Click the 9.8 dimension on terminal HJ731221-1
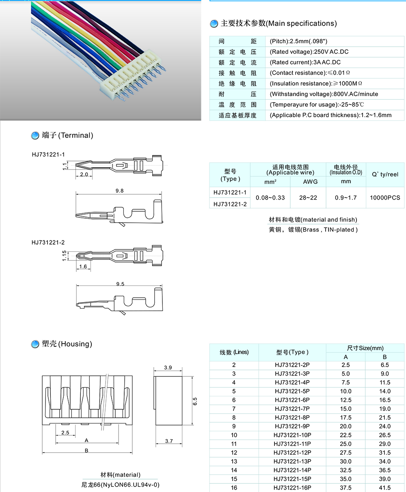(x=119, y=191)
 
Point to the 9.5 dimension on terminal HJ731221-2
(x=120, y=284)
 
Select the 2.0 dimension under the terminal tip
(x=84, y=174)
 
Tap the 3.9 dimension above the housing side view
(x=168, y=367)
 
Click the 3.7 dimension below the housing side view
(x=168, y=441)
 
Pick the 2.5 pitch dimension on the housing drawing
(x=65, y=432)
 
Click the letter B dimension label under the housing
(x=86, y=450)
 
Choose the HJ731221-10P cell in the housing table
(x=292, y=435)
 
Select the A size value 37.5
(x=346, y=488)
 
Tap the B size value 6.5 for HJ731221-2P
(x=384, y=365)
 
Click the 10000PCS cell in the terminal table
(x=384, y=198)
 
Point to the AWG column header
(x=310, y=182)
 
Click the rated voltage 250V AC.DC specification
(x=309, y=52)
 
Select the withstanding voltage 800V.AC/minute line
(x=324, y=94)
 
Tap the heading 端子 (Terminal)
(x=67, y=135)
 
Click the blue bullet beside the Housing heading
(x=35, y=344)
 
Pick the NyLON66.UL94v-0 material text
(x=120, y=484)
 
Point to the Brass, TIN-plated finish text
(x=313, y=230)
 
